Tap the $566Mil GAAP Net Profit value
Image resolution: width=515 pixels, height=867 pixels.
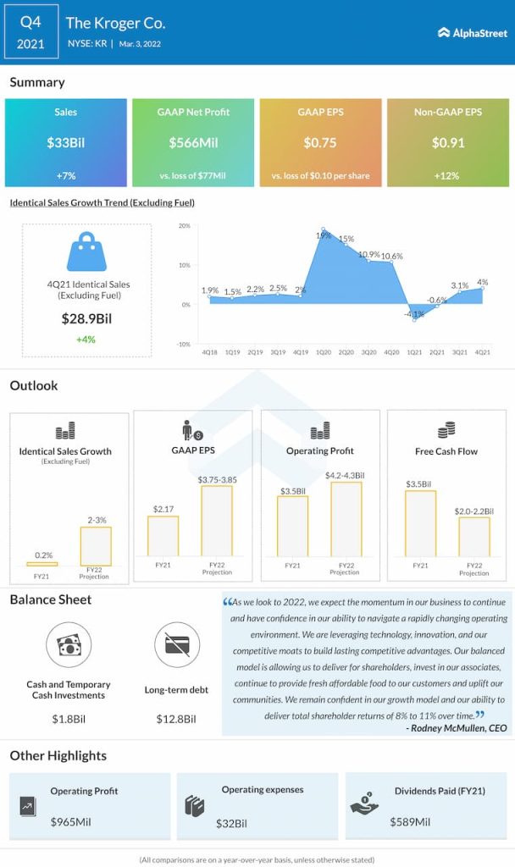193,143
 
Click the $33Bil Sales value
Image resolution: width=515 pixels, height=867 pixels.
66,143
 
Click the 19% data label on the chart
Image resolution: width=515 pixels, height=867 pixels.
324,235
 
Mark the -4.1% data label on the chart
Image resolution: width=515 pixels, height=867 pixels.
415,313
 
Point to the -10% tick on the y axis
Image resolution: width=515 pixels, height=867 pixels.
183,344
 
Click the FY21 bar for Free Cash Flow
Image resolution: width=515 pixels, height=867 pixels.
420,525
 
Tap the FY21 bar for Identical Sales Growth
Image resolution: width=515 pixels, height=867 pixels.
42,564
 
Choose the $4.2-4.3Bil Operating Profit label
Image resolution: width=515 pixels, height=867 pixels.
345,476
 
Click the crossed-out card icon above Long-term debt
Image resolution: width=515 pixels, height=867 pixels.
177,645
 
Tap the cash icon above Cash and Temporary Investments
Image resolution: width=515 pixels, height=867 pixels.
68,645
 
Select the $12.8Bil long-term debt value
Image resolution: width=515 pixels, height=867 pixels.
176,719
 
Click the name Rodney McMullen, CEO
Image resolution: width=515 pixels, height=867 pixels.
458,728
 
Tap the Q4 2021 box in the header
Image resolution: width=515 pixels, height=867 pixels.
30,32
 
